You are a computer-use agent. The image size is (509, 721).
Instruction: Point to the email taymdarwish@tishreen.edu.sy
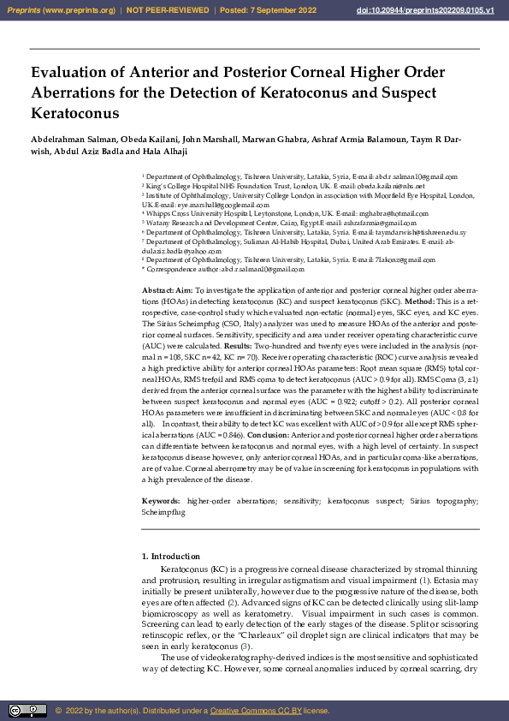pyautogui.click(x=419, y=232)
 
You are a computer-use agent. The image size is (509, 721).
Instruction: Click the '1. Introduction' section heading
pyautogui.click(x=171, y=557)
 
